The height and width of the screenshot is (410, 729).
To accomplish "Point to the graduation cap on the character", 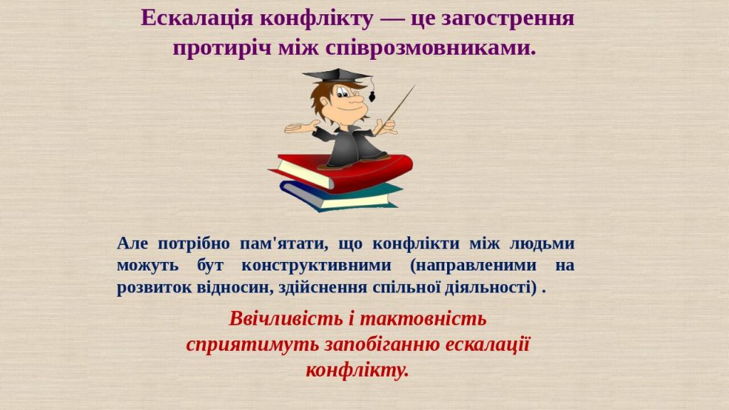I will click(x=335, y=75).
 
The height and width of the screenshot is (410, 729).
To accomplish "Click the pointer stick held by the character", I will click(x=399, y=107).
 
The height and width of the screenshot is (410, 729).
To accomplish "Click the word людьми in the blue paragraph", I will click(x=542, y=243).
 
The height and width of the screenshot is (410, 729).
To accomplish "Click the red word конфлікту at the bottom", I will click(x=357, y=370).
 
